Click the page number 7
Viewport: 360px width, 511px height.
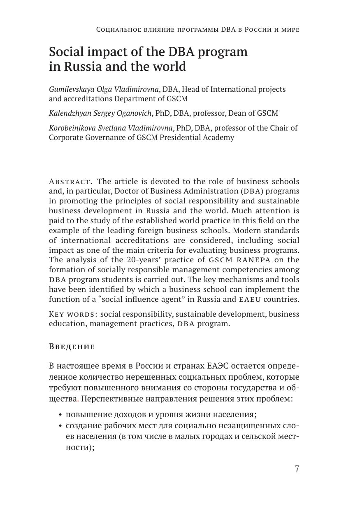pyautogui.click(x=297, y=469)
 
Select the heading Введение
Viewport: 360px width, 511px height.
pyautogui.click(x=72, y=347)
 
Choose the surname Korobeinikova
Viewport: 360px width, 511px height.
pyautogui.click(x=72, y=128)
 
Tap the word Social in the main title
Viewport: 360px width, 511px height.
pyautogui.click(x=67, y=52)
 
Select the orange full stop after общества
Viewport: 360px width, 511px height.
pyautogui.click(x=78, y=400)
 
